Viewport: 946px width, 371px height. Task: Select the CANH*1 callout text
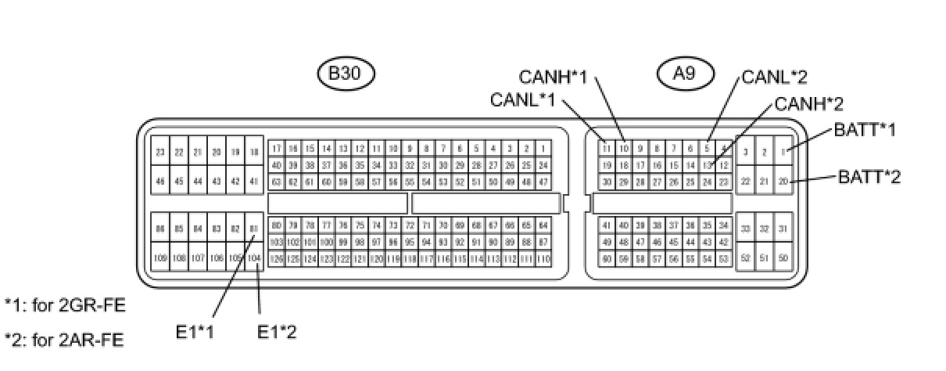(553, 77)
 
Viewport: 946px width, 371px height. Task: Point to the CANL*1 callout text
(522, 100)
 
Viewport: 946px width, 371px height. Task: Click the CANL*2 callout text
(774, 77)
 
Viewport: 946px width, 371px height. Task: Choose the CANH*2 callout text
(808, 103)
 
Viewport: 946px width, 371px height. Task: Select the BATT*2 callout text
(869, 177)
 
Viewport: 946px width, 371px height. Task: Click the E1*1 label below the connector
(195, 333)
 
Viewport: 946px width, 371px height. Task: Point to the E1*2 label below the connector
(277, 333)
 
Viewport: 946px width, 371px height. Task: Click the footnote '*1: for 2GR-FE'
(65, 305)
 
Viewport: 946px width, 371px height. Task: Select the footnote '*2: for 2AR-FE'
(64, 339)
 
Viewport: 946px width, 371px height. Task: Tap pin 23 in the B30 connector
(160, 152)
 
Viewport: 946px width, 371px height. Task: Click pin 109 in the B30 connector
(160, 257)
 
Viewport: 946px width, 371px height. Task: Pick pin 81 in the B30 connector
(254, 229)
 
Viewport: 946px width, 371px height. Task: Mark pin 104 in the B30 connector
(254, 257)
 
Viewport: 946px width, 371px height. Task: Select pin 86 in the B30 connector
(160, 229)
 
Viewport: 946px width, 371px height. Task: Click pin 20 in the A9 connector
(783, 182)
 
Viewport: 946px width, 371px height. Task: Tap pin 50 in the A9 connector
(783, 257)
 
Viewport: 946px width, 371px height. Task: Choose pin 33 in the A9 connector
(746, 229)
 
